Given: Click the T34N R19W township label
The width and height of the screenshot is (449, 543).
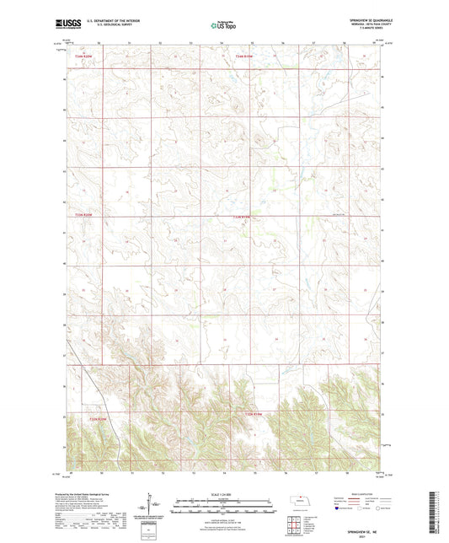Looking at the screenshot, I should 243,57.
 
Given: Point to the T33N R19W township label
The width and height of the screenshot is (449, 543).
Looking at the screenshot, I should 242,217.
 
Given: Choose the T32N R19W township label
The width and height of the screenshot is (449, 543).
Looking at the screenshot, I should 254,414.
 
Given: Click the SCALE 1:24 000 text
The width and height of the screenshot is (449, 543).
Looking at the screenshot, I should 224,494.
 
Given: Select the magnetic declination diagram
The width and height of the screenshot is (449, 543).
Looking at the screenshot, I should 154,508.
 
